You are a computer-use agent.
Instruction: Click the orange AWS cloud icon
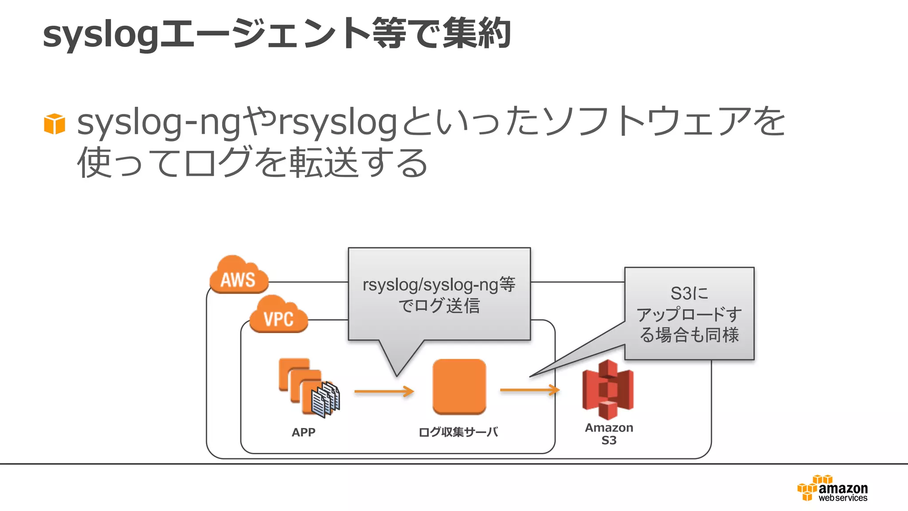point(239,275)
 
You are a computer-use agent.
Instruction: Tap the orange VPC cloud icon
point(278,314)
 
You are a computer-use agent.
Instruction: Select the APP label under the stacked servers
point(303,432)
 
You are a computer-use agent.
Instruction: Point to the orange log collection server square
point(459,386)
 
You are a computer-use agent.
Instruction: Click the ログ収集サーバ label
point(458,432)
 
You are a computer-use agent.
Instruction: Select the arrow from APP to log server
point(384,391)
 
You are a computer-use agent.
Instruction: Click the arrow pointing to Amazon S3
point(529,390)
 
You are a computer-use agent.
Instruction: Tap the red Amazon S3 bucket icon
point(608,390)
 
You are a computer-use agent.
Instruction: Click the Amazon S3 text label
point(609,434)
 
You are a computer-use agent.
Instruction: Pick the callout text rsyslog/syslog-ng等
point(439,285)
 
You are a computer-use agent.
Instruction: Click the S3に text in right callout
point(689,293)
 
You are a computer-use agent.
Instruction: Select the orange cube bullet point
point(55,124)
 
